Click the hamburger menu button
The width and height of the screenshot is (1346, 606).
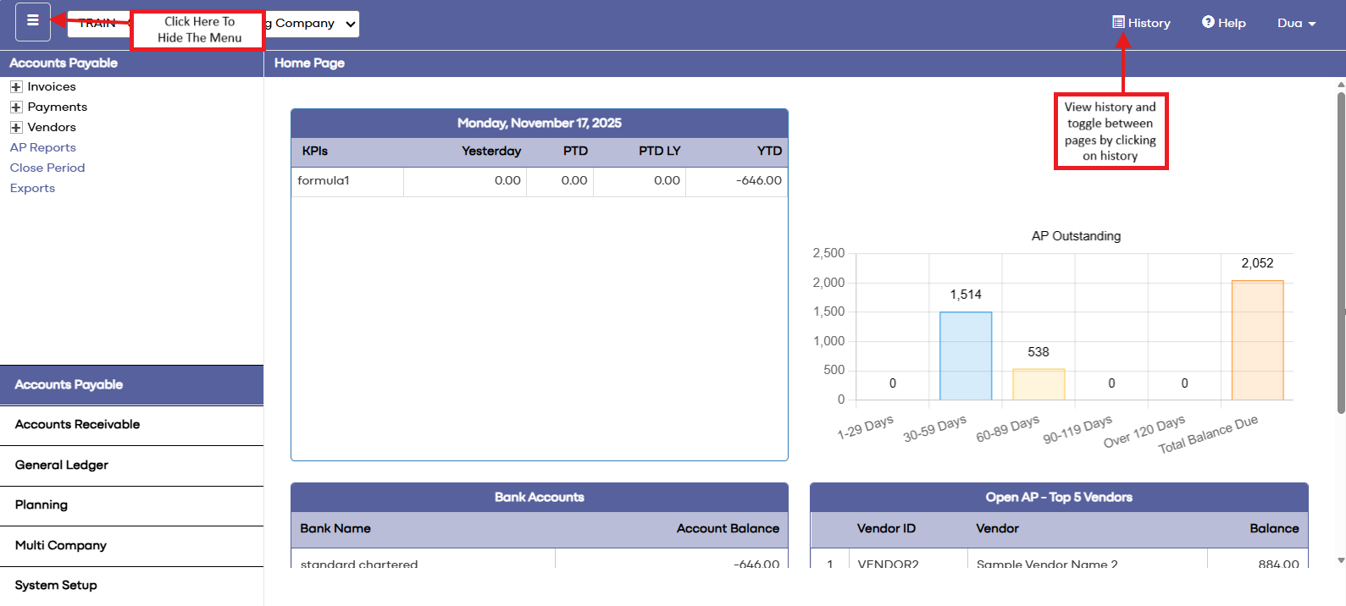pos(33,21)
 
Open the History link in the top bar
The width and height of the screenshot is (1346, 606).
pos(1141,23)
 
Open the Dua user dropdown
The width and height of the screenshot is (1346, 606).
pos(1296,23)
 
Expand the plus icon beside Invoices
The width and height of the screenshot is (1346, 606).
pos(16,87)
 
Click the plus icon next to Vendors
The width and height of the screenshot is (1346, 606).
pos(16,128)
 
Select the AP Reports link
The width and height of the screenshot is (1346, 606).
pos(43,147)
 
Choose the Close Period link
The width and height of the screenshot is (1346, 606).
pos(47,168)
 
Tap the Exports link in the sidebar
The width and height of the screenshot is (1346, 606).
pos(32,188)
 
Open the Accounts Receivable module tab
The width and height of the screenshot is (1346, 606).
pos(77,425)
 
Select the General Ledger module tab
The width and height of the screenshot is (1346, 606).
pos(62,465)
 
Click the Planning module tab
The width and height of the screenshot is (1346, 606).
pos(42,505)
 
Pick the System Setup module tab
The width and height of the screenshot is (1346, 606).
pos(56,585)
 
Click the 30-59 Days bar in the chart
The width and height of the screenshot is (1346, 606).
pos(966,355)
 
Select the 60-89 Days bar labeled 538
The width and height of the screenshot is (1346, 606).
pos(1039,384)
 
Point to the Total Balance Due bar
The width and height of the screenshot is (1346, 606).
pos(1257,340)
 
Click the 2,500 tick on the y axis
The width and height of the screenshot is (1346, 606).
pos(828,253)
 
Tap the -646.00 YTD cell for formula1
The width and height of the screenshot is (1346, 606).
pos(758,180)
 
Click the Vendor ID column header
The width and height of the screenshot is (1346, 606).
pos(886,528)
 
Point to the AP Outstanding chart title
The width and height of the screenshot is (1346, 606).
pos(1076,236)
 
